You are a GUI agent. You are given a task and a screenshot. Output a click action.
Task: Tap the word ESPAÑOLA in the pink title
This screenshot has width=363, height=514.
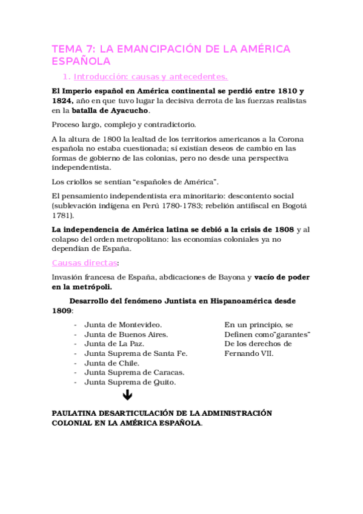click(81, 61)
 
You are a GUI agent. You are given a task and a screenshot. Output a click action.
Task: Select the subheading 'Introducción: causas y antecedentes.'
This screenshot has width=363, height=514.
click(150, 77)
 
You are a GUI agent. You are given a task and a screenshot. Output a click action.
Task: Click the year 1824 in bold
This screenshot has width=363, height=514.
click(63, 100)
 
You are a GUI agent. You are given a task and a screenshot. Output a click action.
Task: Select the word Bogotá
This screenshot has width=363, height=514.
click(295, 205)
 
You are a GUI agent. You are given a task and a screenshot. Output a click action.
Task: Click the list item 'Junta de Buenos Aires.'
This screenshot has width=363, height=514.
click(126, 334)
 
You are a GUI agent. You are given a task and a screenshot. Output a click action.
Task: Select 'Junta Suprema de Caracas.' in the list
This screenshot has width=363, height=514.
click(135, 372)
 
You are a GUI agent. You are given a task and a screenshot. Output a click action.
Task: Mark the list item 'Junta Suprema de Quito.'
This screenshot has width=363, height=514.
click(130, 382)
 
